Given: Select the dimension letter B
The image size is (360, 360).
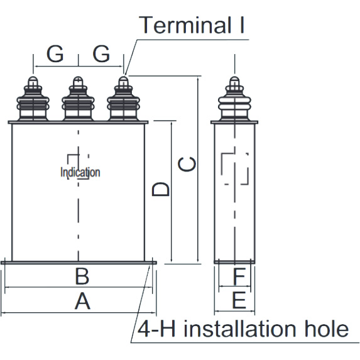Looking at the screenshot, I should pyautogui.click(x=82, y=276).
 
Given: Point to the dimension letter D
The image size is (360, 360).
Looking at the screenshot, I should pyautogui.click(x=161, y=188).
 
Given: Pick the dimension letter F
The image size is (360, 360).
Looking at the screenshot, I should pyautogui.click(x=239, y=276).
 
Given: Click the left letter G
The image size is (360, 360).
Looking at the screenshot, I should pyautogui.click(x=55, y=55).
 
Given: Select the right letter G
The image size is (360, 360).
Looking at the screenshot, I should pyautogui.click(x=101, y=55).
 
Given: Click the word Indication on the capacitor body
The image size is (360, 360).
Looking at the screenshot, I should pyautogui.click(x=80, y=172).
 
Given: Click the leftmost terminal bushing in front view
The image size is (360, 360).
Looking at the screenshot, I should pyautogui.click(x=33, y=101).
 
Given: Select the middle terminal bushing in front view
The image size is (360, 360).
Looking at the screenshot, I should pyautogui.click(x=78, y=101).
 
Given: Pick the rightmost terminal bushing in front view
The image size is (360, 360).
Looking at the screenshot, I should pyautogui.click(x=123, y=101).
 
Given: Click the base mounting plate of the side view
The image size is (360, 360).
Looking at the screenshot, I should pyautogui.click(x=234, y=262).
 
